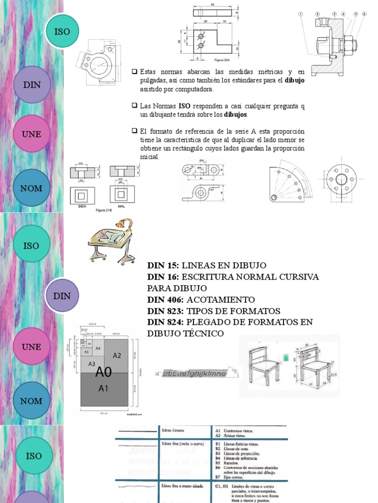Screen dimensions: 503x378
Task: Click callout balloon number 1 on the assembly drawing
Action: [x=299, y=14]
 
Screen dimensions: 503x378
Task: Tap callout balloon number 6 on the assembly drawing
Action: [x=365, y=14]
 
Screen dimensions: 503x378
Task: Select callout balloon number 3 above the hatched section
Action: [x=334, y=14]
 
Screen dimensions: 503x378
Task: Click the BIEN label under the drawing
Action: [x=82, y=206]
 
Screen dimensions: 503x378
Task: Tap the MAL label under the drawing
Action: [x=122, y=206]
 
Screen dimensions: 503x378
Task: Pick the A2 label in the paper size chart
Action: [x=117, y=355]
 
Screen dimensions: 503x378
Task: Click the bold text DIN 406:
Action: [x=164, y=300]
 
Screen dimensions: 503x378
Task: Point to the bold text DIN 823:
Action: [x=164, y=311]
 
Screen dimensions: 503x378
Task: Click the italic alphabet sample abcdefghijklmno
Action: [x=194, y=374]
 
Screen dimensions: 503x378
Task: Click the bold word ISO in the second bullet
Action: [x=184, y=106]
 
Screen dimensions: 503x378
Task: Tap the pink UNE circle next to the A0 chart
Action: [x=31, y=346]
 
